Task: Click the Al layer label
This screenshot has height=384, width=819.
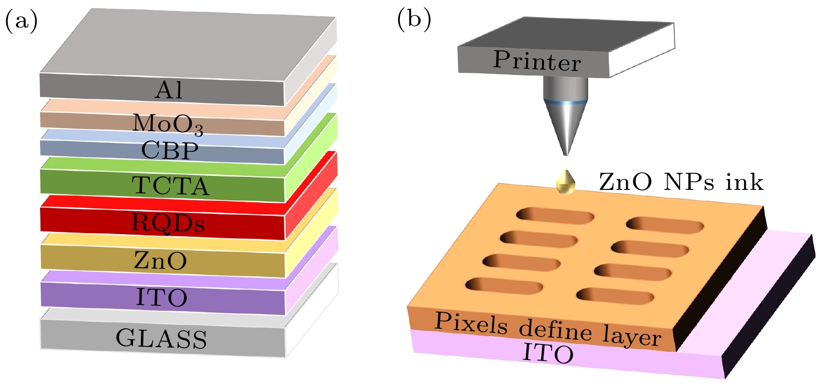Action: click(168, 90)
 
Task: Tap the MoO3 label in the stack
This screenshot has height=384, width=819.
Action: click(167, 124)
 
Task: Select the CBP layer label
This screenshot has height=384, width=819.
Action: click(170, 150)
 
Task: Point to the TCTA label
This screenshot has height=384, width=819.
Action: click(171, 186)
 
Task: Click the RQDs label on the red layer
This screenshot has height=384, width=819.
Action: click(168, 222)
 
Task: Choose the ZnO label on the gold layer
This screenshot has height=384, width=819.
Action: click(161, 260)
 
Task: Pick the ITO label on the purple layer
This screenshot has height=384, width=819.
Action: click(162, 298)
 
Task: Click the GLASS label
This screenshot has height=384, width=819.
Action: click(161, 339)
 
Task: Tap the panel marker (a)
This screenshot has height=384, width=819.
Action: click(21, 21)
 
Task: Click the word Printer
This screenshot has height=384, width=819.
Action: click(537, 61)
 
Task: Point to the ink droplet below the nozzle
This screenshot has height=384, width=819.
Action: click(566, 182)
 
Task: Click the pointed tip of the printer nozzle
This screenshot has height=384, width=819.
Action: click(566, 155)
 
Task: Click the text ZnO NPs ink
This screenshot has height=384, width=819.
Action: click(681, 182)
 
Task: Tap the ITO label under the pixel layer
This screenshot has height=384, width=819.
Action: click(548, 354)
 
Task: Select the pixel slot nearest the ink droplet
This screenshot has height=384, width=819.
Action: click(555, 216)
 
